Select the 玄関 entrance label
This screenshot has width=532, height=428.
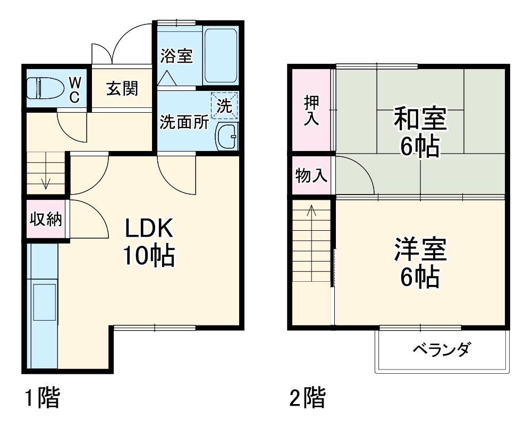click(122, 88)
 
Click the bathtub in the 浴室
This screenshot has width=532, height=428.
click(221, 55)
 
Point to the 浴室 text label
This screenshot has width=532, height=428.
click(176, 55)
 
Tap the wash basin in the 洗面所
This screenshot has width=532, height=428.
click(227, 137)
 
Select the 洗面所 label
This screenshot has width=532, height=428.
click(184, 122)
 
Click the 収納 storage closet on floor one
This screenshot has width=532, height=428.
click(46, 219)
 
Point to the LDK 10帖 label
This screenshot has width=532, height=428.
click(149, 242)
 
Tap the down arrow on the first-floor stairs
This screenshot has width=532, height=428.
click(46, 181)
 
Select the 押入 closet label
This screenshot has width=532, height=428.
click(311, 111)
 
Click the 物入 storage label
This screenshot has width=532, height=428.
click(311, 175)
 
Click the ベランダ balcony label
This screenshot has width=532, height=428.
click(441, 350)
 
